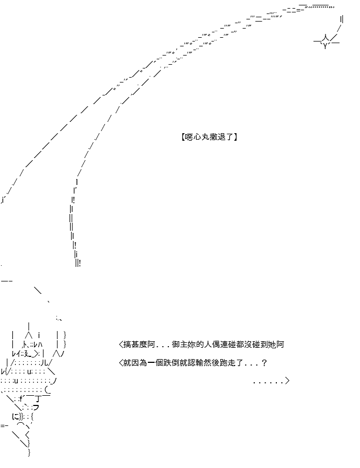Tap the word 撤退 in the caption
tap(216, 137)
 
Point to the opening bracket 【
tap(182, 137)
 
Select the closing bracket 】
tap(235, 137)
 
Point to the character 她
tap(272, 345)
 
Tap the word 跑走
tap(228, 363)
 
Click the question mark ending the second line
tap(264, 363)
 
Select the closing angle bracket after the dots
tap(287, 381)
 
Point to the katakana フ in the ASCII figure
tap(36, 407)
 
